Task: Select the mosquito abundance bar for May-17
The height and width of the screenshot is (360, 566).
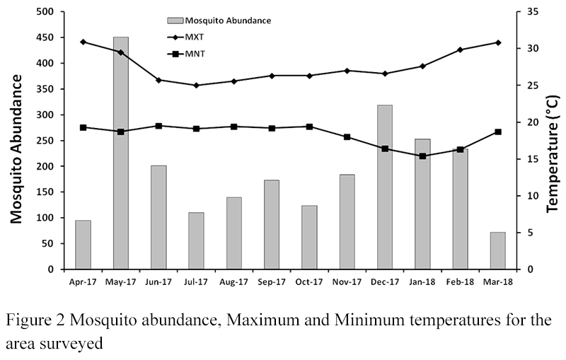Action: click(121, 152)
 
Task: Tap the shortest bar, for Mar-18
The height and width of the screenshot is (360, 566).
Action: click(498, 250)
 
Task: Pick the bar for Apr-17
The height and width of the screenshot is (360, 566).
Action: click(83, 245)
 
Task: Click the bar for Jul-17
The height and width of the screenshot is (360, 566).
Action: click(197, 240)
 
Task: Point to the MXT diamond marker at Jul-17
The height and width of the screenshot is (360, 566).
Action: click(197, 86)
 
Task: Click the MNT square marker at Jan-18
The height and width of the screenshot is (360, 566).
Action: click(423, 156)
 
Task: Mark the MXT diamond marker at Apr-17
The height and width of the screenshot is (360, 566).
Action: click(83, 42)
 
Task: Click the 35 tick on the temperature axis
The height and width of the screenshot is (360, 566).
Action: click(533, 12)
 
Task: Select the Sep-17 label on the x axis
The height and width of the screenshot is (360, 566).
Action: click(272, 281)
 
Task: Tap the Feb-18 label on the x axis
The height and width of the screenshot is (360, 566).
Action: click(460, 281)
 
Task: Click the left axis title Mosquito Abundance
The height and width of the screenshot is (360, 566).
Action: click(16, 141)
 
